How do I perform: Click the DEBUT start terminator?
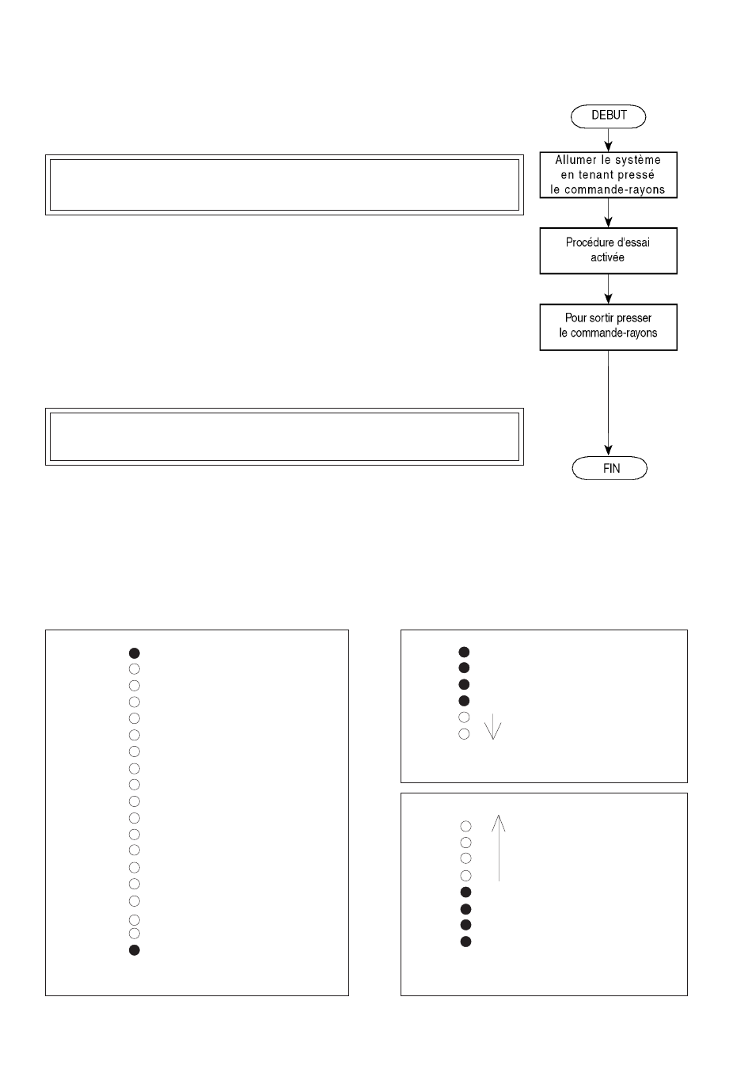pyautogui.click(x=608, y=116)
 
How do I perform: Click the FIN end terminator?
pyautogui.click(x=610, y=468)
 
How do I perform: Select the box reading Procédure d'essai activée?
pyautogui.click(x=608, y=250)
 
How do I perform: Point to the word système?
pyautogui.click(x=638, y=160)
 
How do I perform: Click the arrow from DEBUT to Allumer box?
pyautogui.click(x=608, y=140)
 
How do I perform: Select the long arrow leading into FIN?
pyautogui.click(x=608, y=403)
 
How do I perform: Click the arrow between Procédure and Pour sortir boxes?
pyautogui.click(x=608, y=289)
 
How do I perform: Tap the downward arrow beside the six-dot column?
pyautogui.click(x=492, y=726)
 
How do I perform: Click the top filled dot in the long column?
pyautogui.click(x=134, y=653)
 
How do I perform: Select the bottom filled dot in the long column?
pyautogui.click(x=134, y=949)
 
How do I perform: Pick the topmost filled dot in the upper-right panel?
pyautogui.click(x=464, y=652)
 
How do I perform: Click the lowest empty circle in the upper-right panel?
pyautogui.click(x=464, y=734)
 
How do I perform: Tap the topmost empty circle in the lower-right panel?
pyautogui.click(x=465, y=826)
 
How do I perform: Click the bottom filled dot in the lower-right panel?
pyautogui.click(x=465, y=942)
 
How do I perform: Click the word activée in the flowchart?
pyautogui.click(x=607, y=257)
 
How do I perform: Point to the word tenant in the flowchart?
pyautogui.click(x=593, y=175)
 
